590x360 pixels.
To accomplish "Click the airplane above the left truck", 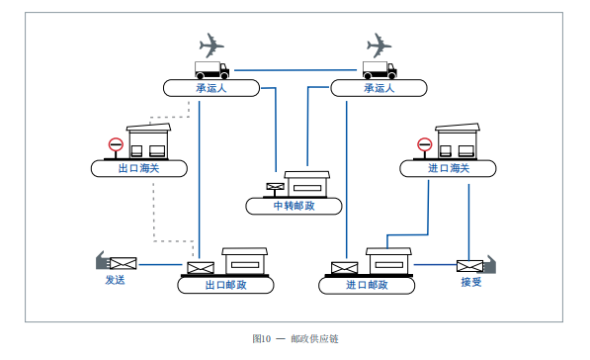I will point(211,45).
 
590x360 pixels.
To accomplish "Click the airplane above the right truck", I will point(379,45).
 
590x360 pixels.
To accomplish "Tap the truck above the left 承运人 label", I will point(211,69).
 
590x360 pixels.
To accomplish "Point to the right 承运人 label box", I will point(379,88).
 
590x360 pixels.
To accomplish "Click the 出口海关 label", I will point(138,168).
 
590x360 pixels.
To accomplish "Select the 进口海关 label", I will point(448,168).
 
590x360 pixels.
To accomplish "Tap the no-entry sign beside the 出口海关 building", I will point(115,145).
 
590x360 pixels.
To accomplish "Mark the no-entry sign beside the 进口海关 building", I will point(424,145).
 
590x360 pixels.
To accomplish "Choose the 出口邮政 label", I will point(225,285).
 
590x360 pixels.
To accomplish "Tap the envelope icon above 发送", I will point(123,263).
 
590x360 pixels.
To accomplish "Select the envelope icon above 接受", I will point(469,265).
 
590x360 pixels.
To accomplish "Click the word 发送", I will point(115,280).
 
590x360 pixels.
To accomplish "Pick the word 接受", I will point(470,282).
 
